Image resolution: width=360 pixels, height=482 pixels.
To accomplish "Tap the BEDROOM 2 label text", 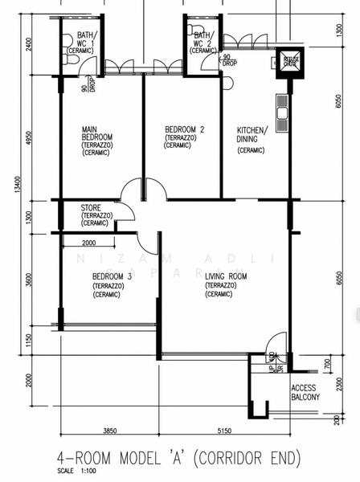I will click(x=184, y=129).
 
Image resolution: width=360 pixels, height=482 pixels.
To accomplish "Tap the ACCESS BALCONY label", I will click(x=305, y=392).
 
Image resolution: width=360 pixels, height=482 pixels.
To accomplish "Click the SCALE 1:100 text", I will click(x=76, y=472).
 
